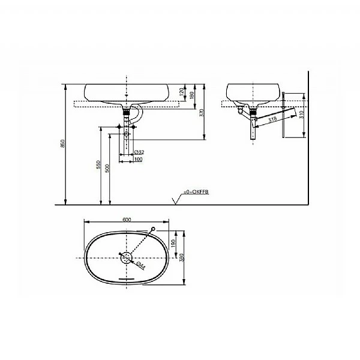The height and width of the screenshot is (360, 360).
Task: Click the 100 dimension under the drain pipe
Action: [138, 160]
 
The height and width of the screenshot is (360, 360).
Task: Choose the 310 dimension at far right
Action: [302, 115]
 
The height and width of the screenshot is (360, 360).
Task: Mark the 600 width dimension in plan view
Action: [127, 220]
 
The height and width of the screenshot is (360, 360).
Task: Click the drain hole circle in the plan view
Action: [127, 257]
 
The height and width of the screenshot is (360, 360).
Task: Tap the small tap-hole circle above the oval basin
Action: [155, 229]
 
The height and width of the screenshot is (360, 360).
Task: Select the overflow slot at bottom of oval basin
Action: [127, 280]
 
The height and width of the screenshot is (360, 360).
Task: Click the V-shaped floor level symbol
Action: [175, 200]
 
